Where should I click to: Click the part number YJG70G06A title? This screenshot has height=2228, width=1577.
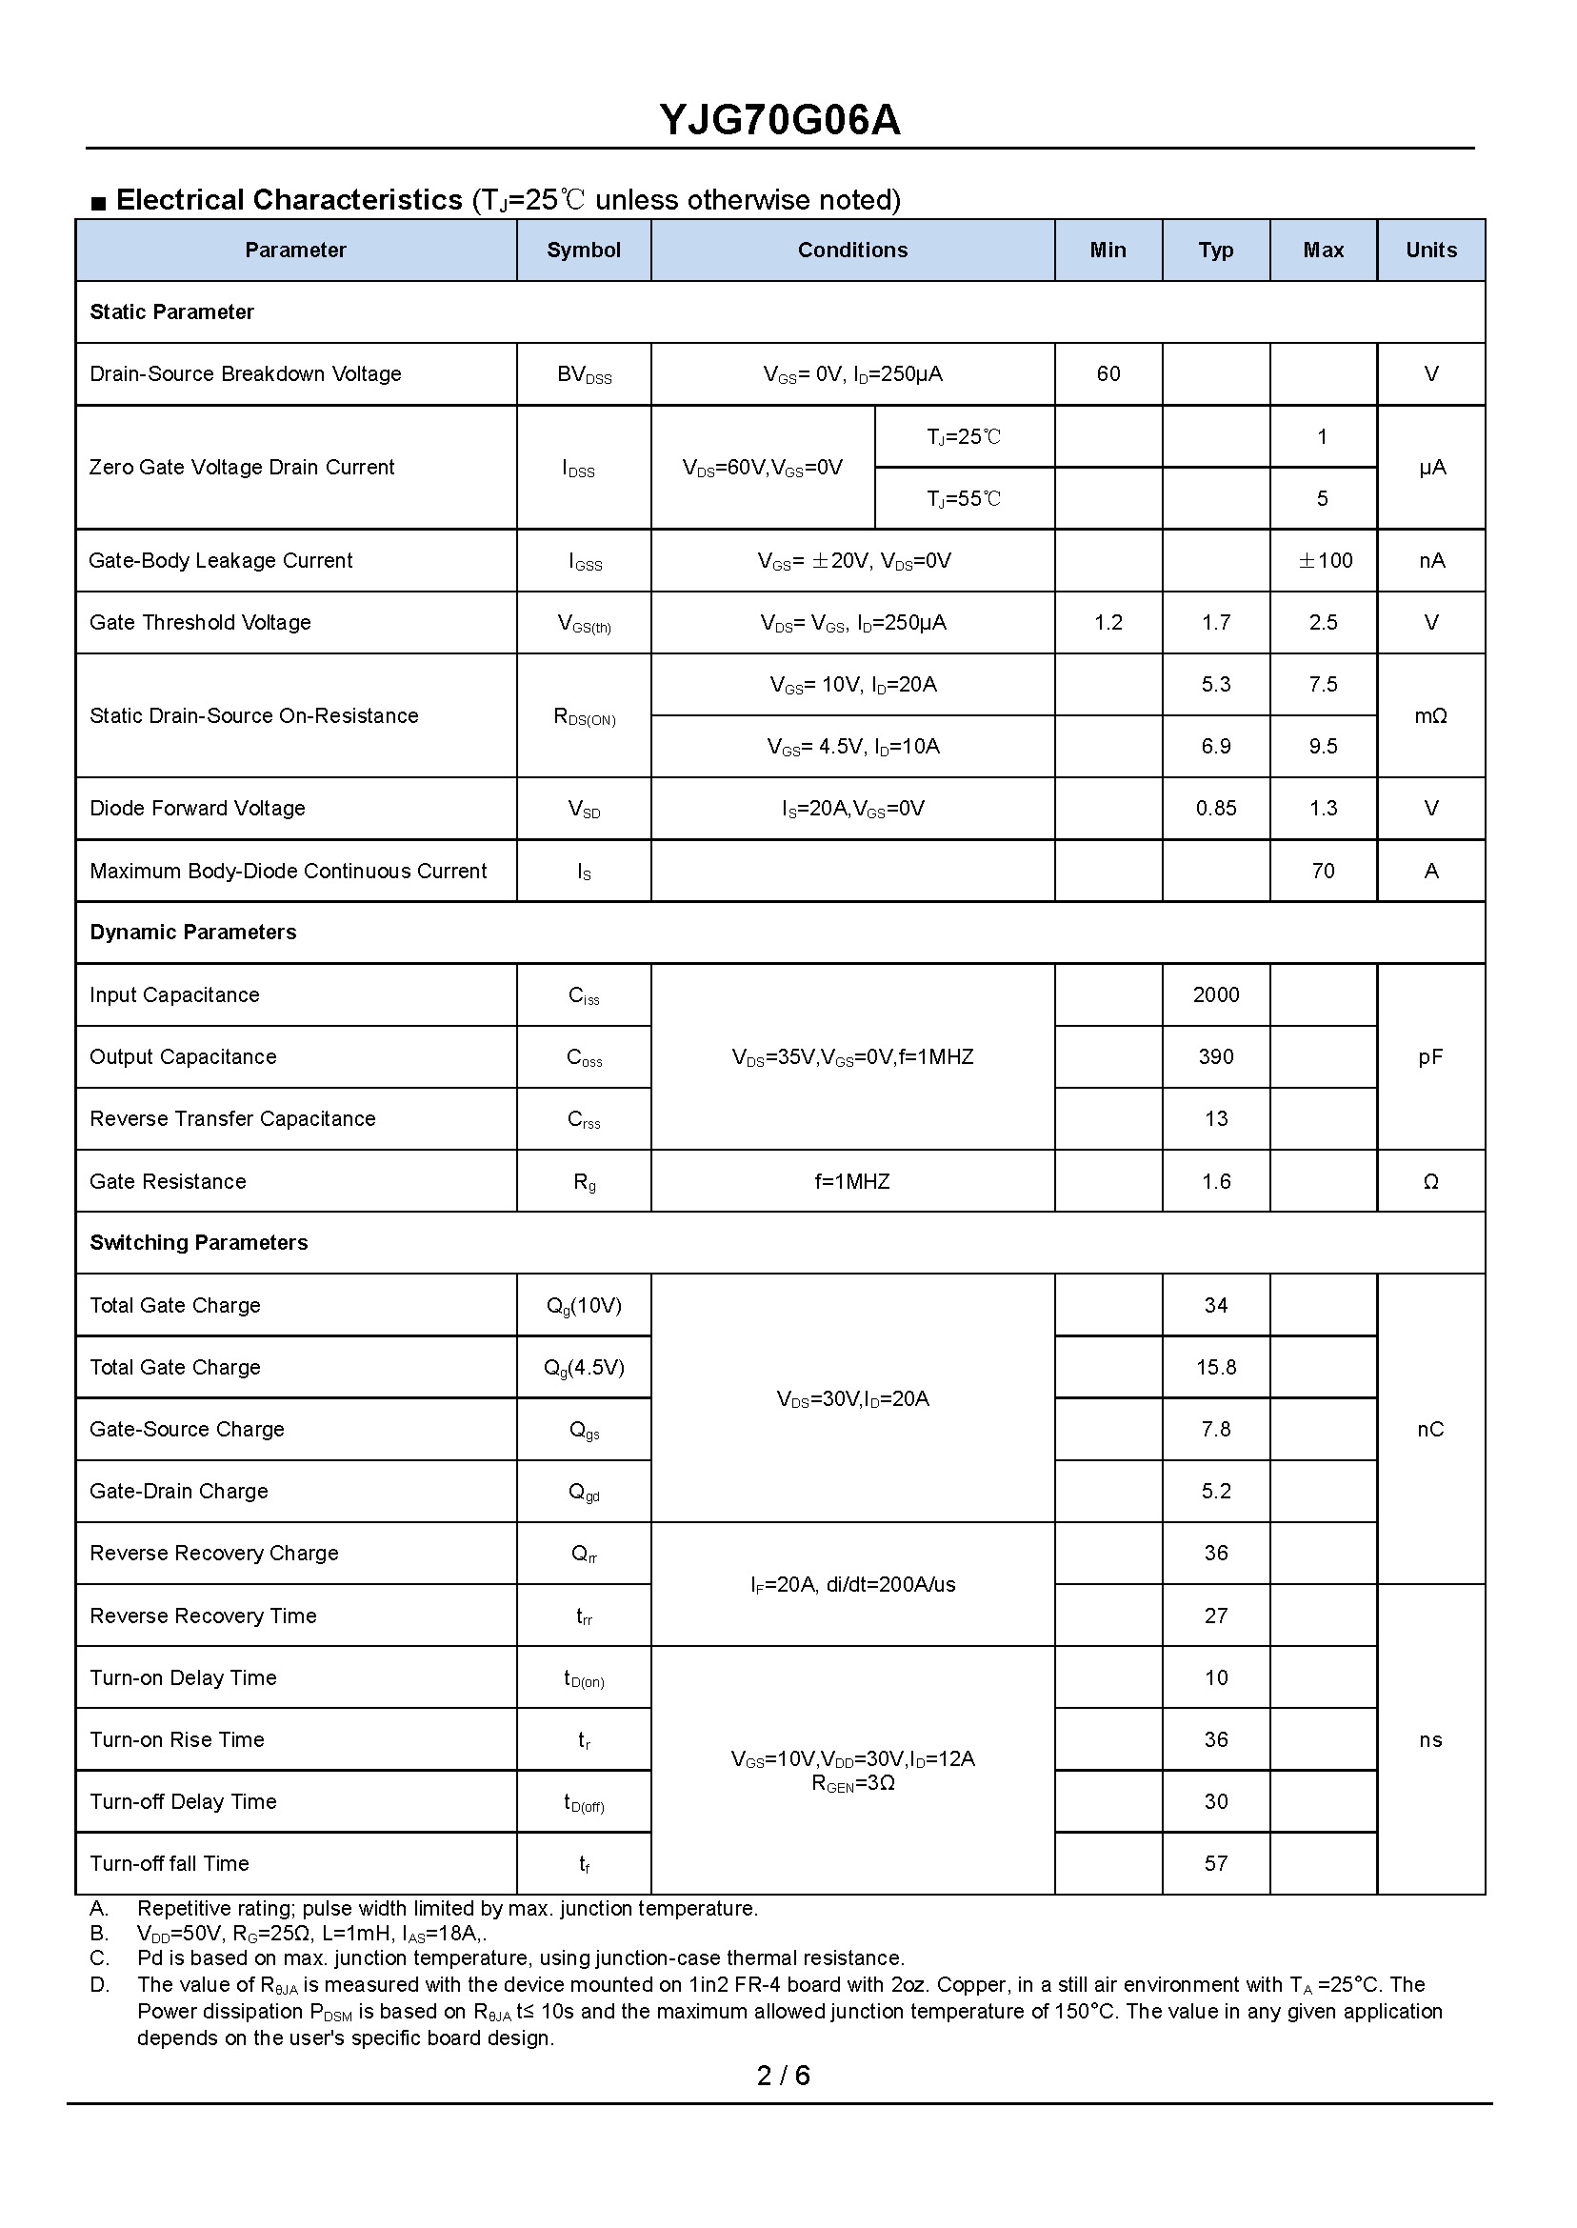pyautogui.click(x=780, y=120)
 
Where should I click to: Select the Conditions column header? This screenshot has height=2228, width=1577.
pyautogui.click(x=851, y=251)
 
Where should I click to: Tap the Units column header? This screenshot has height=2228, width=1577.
pyautogui.click(x=1430, y=251)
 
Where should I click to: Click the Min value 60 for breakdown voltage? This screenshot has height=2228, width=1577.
pyautogui.click(x=1108, y=374)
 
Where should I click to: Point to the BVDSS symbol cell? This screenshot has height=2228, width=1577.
pyautogui.click(x=584, y=375)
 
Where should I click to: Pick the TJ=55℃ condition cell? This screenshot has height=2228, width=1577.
pyautogui.click(x=964, y=499)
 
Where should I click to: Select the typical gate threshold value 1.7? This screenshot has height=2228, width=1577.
pyautogui.click(x=1216, y=623)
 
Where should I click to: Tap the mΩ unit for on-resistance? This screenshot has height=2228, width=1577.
pyautogui.click(x=1430, y=715)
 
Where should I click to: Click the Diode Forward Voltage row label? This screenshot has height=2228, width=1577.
pyautogui.click(x=197, y=808)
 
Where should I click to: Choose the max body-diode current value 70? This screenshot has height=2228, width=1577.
pyautogui.click(x=1323, y=872)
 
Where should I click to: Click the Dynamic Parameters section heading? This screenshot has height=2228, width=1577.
pyautogui.click(x=193, y=933)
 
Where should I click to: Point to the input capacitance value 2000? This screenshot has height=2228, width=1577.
pyautogui.click(x=1216, y=994)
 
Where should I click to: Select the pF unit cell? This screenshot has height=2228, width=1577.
pyautogui.click(x=1430, y=1056)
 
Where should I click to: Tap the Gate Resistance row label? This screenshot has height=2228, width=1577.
pyautogui.click(x=168, y=1182)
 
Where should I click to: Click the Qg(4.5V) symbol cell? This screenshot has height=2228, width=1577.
pyautogui.click(x=584, y=1368)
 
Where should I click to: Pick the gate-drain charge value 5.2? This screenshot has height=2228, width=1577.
pyautogui.click(x=1216, y=1491)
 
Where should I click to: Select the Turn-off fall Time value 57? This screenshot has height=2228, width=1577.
pyautogui.click(x=1216, y=1864)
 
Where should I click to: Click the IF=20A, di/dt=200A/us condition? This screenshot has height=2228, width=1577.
pyautogui.click(x=852, y=1585)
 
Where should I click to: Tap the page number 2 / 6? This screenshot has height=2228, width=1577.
pyautogui.click(x=783, y=2076)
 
